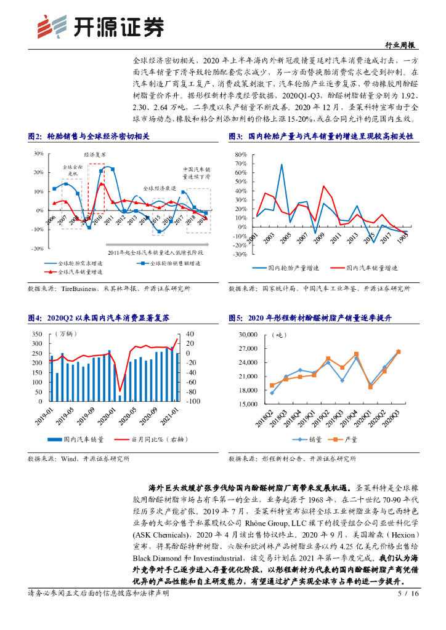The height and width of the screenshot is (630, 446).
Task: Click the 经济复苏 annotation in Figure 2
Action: click(x=95, y=154)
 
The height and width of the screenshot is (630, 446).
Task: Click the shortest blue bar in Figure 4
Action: click(x=120, y=397)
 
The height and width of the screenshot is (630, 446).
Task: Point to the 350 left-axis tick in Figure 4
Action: click(x=36, y=334)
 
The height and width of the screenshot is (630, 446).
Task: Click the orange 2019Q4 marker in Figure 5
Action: click(x=356, y=354)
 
